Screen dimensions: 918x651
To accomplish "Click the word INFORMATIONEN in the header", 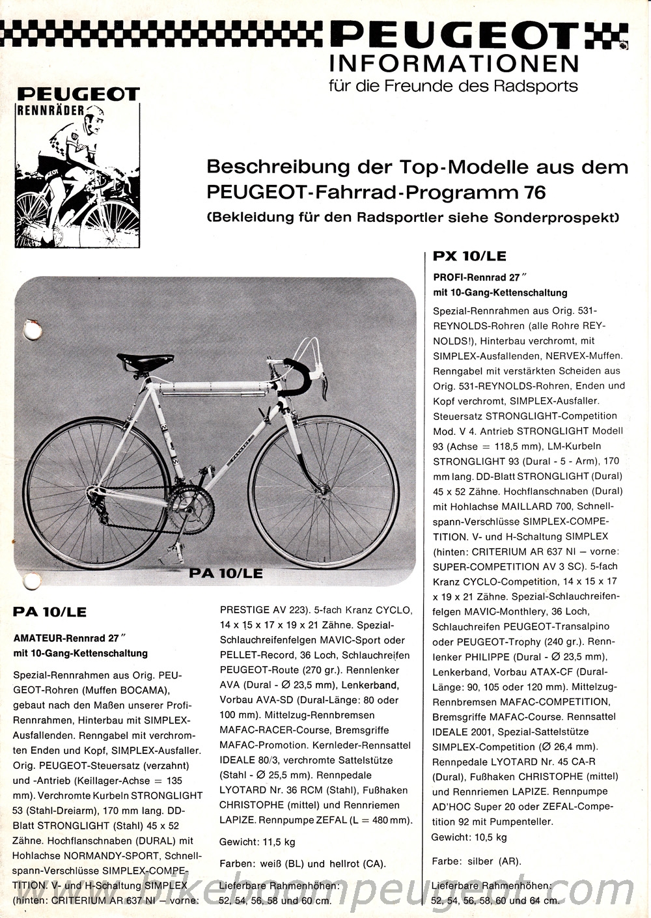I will (x=454, y=64).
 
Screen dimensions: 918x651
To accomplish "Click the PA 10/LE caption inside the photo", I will (x=226, y=573).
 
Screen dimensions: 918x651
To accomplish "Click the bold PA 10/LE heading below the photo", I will (x=49, y=612).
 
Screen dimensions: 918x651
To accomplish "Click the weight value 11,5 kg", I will (x=279, y=842).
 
